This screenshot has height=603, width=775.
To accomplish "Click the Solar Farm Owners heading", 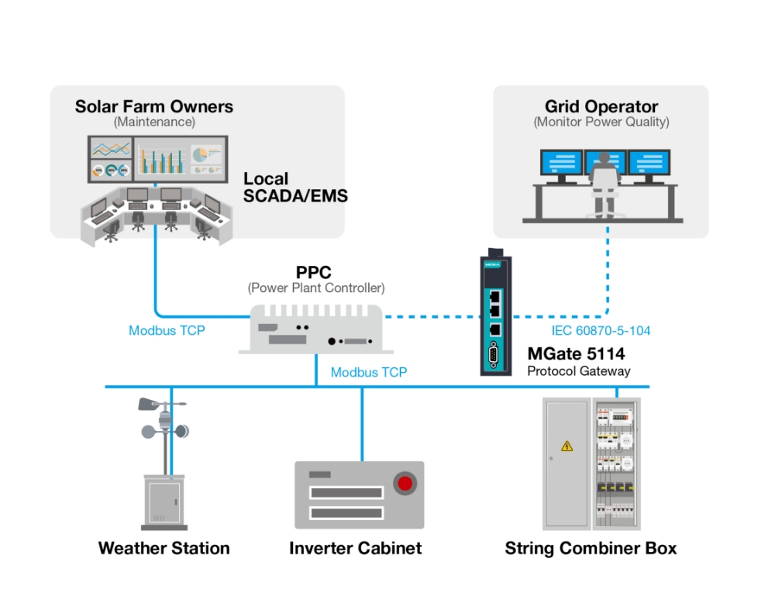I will [x=153, y=106].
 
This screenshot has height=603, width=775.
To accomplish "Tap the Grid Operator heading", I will [x=601, y=107].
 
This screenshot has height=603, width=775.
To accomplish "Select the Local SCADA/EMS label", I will [x=295, y=188].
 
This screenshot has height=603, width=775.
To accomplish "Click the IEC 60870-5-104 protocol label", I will [x=601, y=331].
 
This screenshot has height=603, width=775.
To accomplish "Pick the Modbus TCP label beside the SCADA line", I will [x=167, y=331].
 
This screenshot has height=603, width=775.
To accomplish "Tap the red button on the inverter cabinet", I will [x=405, y=484].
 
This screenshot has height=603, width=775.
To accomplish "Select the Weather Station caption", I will [x=164, y=549].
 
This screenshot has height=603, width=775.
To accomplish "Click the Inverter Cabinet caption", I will [x=355, y=549].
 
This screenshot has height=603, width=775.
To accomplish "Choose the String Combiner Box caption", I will [x=591, y=549].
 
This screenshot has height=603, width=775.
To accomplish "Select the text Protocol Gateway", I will [x=578, y=371].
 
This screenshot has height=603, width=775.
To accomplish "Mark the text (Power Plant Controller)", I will [x=315, y=288].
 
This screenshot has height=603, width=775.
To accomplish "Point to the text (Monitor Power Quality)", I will [x=601, y=122].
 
